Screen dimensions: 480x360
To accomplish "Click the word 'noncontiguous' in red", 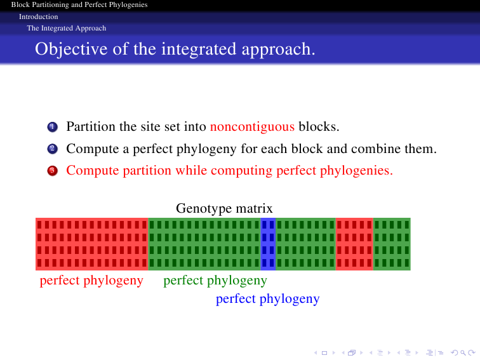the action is tap(252, 127).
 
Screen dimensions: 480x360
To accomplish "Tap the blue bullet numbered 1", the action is tap(52, 127).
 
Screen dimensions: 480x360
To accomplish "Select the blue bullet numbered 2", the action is tap(52, 149).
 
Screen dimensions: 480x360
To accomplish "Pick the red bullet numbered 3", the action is tap(52, 171).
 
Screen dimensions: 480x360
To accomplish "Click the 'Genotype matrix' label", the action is tap(224, 209).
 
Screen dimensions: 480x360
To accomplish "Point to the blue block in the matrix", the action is tap(268, 244).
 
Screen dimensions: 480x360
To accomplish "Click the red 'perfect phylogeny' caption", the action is tap(91, 281).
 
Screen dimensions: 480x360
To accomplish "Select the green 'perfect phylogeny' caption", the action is tap(215, 281).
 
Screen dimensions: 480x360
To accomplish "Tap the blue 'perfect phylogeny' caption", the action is tap(267, 299).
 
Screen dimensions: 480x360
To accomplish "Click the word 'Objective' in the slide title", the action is tap(71, 50).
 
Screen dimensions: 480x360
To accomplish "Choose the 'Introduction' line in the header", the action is tap(39, 17).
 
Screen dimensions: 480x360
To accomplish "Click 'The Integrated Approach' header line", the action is tap(67, 28).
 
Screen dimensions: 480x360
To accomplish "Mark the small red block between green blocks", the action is tap(354, 244).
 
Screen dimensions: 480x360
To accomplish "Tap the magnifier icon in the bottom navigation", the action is tap(463, 353).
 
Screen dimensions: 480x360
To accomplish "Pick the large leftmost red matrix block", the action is tap(92, 244).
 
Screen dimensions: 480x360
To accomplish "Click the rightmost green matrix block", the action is tap(392, 244).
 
